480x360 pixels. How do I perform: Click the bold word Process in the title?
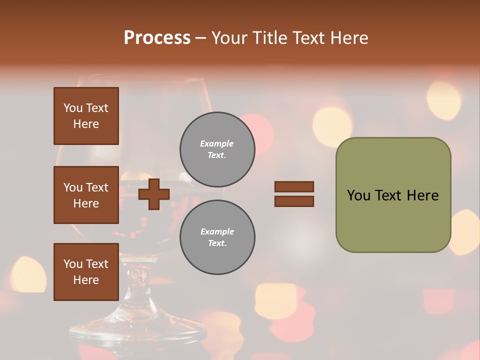[x=157, y=38]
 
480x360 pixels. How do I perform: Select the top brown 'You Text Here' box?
[x=86, y=116]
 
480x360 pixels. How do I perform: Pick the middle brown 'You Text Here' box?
[x=86, y=195]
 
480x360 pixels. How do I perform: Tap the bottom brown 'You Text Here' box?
[x=86, y=272]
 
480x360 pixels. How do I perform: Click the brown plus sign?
[x=154, y=194]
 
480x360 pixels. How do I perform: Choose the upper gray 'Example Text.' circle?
[x=217, y=149]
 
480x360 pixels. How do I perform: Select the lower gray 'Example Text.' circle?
[x=217, y=237]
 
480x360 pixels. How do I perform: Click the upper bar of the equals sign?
[x=294, y=186]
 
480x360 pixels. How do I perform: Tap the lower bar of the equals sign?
[x=294, y=201]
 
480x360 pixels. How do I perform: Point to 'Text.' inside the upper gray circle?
[x=217, y=155]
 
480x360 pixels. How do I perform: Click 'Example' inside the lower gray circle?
[x=217, y=231]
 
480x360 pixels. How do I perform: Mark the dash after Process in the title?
[x=201, y=38]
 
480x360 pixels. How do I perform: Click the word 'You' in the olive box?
[x=359, y=195]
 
